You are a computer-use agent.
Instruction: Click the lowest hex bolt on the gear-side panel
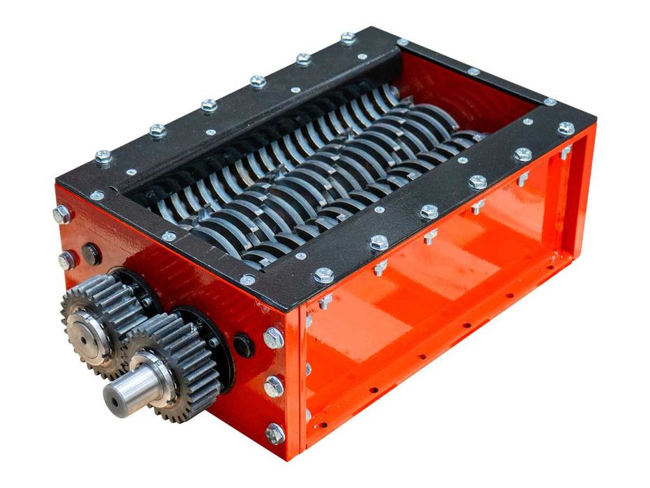[x=275, y=434]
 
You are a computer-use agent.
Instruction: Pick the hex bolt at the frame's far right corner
[x=566, y=128]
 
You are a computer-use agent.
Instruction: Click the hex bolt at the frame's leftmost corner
[x=103, y=158]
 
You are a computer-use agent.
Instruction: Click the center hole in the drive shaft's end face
[x=111, y=401]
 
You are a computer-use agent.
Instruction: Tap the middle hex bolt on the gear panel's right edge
[x=274, y=386]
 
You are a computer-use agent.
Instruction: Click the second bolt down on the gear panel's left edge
[x=66, y=260]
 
